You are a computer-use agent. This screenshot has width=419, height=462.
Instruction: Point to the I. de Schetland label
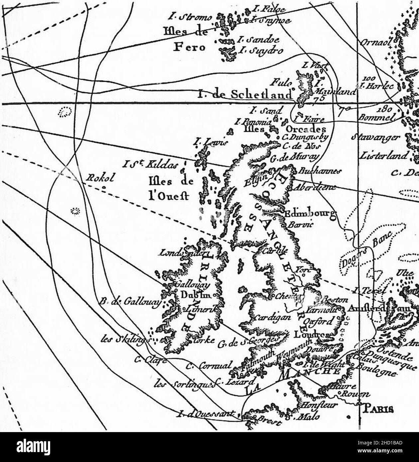click(x=245, y=95)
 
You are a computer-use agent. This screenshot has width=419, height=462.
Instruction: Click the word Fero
click(x=190, y=48)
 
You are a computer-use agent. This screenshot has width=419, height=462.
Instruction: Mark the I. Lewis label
click(x=211, y=143)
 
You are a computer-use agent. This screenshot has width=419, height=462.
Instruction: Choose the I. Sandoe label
click(x=258, y=40)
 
